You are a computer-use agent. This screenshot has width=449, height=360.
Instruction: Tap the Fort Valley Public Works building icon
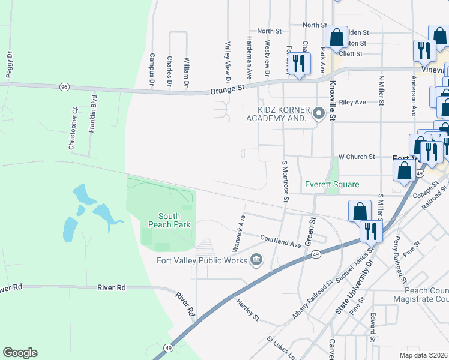256,259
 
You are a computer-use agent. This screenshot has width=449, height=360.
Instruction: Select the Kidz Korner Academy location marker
319,113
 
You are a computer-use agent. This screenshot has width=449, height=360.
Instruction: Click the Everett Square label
331,184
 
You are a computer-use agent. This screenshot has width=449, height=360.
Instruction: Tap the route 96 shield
64,88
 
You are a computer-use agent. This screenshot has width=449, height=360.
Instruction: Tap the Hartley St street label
247,308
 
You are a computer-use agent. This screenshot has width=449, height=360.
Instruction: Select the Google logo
20,353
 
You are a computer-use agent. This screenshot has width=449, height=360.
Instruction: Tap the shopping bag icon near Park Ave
337,37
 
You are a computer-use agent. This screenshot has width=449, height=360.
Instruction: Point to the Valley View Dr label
228,62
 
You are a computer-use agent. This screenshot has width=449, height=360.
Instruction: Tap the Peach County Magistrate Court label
421,295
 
